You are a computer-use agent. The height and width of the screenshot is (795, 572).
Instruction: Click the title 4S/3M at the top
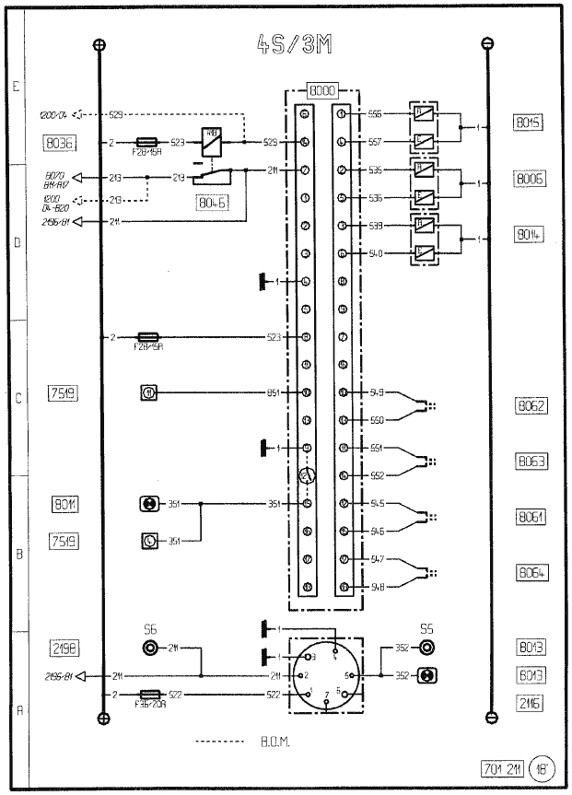click(x=292, y=47)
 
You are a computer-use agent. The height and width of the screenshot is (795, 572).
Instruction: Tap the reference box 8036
click(x=59, y=143)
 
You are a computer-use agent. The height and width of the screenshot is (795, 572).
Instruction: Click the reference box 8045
click(x=531, y=123)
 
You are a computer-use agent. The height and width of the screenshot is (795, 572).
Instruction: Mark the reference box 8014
click(x=531, y=236)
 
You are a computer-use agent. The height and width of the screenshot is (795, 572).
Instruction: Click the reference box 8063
click(x=531, y=460)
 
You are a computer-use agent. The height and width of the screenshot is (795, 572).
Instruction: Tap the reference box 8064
click(x=531, y=572)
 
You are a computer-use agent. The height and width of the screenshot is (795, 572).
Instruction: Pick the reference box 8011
click(x=65, y=505)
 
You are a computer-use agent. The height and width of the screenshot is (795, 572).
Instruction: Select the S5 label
click(x=426, y=629)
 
